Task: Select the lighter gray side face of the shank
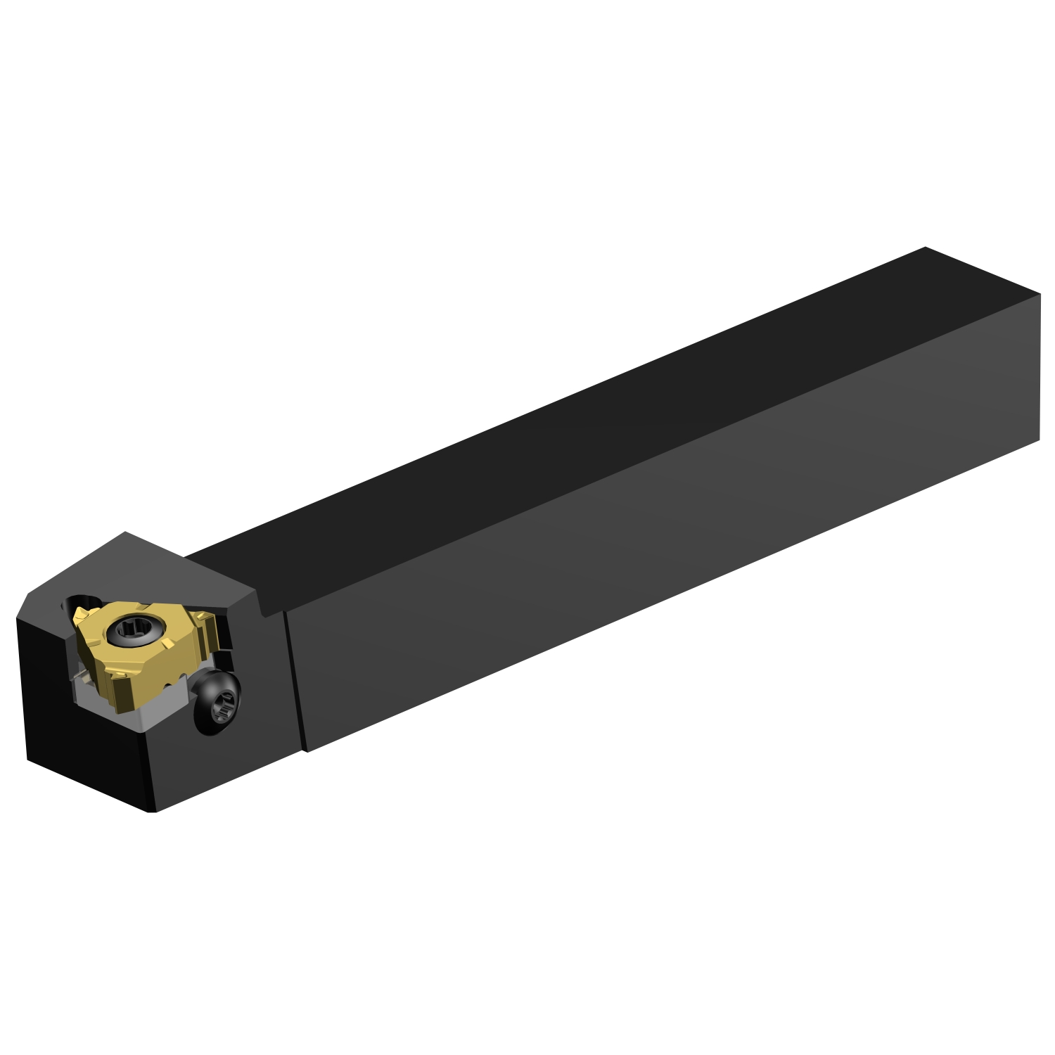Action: pyautogui.click(x=668, y=549)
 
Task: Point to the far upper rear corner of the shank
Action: pyautogui.click(x=926, y=248)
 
